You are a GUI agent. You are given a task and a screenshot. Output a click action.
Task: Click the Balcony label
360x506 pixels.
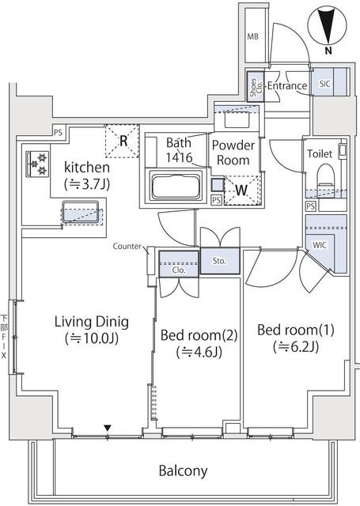[x=183, y=471]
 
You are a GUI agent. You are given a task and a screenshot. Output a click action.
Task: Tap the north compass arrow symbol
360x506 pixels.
[x=328, y=25]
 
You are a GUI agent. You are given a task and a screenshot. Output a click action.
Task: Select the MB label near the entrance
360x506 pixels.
[x=253, y=36]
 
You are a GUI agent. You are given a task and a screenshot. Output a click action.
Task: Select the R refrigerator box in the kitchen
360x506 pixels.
[x=123, y=142]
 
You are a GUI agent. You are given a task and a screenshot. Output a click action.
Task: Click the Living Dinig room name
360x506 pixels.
[x=91, y=322]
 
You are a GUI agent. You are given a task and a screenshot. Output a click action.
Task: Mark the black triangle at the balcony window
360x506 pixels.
[x=108, y=429]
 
